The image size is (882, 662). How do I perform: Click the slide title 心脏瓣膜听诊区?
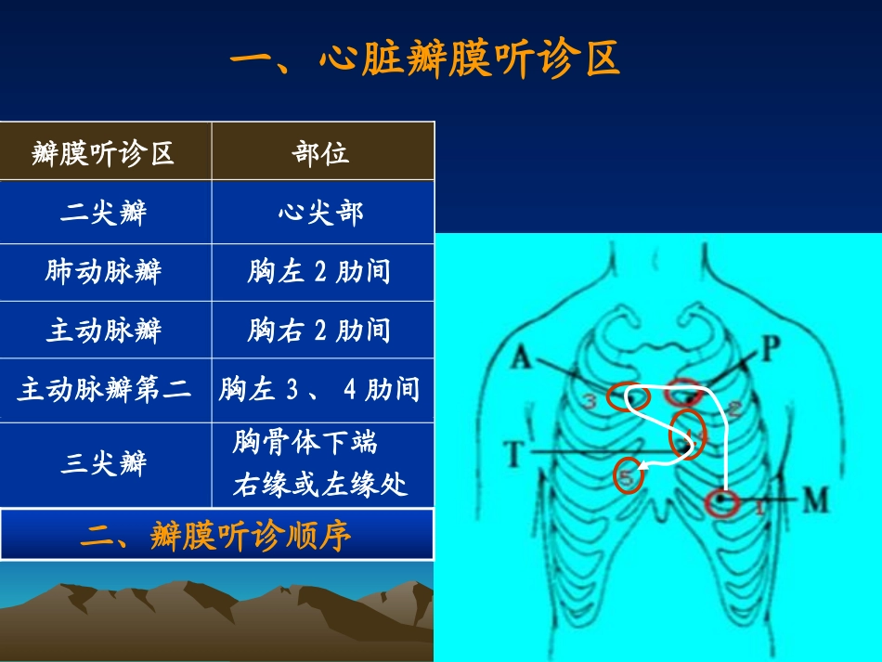pyautogui.click(x=424, y=61)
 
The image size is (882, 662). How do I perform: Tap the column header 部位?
pyautogui.click(x=321, y=152)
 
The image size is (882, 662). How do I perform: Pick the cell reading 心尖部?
pyautogui.click(x=321, y=213)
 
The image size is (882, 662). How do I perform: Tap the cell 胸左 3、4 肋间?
pyautogui.click(x=319, y=389)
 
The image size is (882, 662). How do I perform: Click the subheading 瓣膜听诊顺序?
pyautogui.click(x=216, y=536)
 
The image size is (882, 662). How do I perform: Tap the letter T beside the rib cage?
pyautogui.click(x=516, y=454)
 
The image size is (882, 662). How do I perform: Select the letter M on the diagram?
pyautogui.click(x=814, y=500)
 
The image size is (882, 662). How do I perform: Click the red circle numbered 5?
pyautogui.click(x=629, y=475)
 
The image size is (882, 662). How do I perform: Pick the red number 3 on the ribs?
pyautogui.click(x=590, y=402)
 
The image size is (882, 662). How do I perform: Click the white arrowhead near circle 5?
pyautogui.click(x=645, y=465)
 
